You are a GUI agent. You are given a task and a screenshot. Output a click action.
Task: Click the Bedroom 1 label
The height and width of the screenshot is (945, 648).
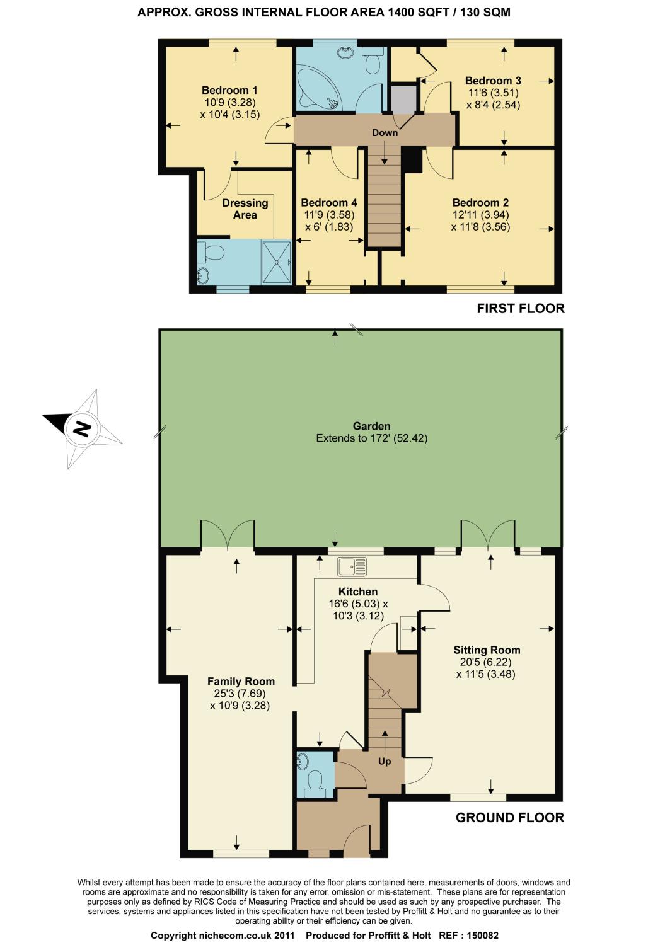(x=229, y=90)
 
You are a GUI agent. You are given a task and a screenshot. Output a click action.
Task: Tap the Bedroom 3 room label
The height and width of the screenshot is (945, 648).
(x=493, y=81)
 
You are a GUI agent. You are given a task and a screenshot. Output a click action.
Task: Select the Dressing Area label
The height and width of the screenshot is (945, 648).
(x=245, y=209)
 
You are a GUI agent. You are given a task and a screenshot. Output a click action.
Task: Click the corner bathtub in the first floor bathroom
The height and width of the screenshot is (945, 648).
(x=318, y=88)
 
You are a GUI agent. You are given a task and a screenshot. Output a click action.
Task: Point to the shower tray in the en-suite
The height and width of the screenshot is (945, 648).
(x=277, y=262)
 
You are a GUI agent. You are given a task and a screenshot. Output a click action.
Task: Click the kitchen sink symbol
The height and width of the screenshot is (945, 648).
(x=352, y=566)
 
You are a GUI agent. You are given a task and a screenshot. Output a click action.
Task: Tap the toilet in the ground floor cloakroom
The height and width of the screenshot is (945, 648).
(x=315, y=780)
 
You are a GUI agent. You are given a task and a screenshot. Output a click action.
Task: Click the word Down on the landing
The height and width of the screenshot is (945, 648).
(x=385, y=133)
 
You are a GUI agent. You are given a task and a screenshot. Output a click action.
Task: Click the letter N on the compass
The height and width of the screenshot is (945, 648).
(x=82, y=428)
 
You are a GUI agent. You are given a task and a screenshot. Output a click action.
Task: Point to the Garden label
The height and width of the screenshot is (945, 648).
(x=371, y=426)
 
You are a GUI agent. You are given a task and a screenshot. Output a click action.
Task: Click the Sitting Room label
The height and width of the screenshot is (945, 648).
(x=487, y=650)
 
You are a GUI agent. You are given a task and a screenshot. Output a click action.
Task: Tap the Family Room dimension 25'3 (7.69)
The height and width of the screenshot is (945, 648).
(x=240, y=694)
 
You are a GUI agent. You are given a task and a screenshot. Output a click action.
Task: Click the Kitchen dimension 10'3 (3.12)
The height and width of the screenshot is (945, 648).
(x=359, y=616)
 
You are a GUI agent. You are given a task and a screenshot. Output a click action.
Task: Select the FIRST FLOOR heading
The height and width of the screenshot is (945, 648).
(x=521, y=309)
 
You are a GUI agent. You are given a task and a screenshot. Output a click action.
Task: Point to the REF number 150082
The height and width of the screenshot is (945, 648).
(x=480, y=936)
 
